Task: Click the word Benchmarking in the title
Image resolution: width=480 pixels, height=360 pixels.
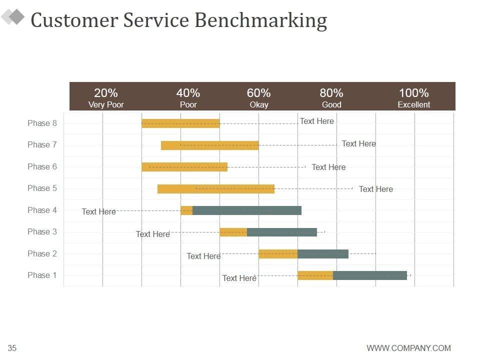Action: (x=260, y=20)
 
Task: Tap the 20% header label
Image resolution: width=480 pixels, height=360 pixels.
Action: (x=106, y=93)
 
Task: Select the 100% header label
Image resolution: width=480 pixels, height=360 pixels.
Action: (x=413, y=93)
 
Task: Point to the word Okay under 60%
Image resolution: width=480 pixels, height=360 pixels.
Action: (x=259, y=105)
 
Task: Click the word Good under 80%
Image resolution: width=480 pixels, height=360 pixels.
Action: (x=331, y=105)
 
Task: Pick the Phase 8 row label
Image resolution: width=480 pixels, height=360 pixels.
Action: (x=42, y=123)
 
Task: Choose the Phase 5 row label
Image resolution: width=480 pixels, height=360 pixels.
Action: (x=42, y=188)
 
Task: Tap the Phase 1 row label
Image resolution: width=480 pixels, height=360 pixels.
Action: (x=42, y=275)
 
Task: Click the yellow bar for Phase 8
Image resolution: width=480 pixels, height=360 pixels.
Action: (x=180, y=123)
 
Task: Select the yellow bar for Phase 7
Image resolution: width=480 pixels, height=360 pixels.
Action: (x=209, y=145)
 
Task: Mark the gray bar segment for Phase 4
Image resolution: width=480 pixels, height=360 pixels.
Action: (x=247, y=210)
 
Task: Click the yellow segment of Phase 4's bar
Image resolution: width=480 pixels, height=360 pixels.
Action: (x=186, y=210)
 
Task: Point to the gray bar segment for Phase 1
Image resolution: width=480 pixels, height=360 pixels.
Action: (x=370, y=275)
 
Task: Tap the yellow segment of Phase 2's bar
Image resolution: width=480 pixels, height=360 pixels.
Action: (x=278, y=254)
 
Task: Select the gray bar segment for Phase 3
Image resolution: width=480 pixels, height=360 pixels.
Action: (x=282, y=232)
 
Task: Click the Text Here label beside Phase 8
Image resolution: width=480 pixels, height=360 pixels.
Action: (x=316, y=121)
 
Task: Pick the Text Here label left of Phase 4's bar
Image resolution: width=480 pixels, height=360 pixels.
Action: (x=98, y=212)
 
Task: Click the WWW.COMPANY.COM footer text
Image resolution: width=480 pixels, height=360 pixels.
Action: (x=408, y=348)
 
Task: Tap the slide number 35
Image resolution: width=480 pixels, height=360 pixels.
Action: (x=12, y=348)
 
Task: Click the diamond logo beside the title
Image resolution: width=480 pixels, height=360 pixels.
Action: (x=13, y=17)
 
